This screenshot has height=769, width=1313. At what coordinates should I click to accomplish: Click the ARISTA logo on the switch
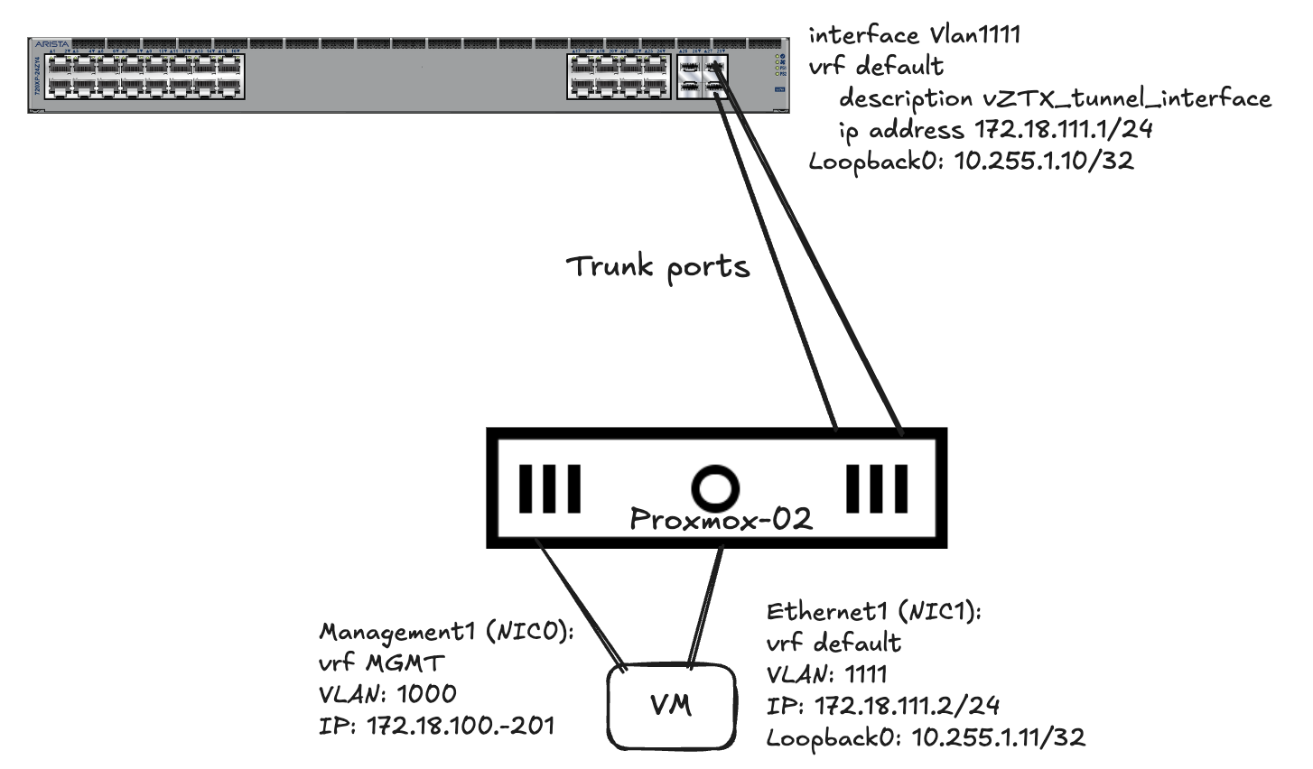[51, 43]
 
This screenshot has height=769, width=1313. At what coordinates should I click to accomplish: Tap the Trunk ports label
[657, 268]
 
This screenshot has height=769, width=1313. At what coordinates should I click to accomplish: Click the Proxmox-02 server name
[720, 519]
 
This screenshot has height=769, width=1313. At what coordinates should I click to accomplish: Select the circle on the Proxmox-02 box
[715, 488]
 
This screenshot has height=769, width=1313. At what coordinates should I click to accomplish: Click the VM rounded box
[671, 706]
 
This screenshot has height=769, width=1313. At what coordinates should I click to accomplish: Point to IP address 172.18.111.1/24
[996, 130]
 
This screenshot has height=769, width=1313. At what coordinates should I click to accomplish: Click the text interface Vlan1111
[914, 35]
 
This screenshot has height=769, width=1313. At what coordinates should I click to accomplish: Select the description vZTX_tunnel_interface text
[1054, 98]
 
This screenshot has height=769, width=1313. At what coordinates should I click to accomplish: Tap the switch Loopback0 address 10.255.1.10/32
[971, 162]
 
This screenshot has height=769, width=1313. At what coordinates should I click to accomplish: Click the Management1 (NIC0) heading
[446, 632]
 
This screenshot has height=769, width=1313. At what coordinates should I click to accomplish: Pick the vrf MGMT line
[381, 663]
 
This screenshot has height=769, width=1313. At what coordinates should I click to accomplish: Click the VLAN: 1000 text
[387, 694]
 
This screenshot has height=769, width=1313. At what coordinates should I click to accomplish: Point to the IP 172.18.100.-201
[436, 725]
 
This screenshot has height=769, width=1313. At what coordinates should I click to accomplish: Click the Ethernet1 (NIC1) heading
[873, 612]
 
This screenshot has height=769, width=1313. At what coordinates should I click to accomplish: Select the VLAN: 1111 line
[826, 674]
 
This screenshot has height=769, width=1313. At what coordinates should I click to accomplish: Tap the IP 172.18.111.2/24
[883, 706]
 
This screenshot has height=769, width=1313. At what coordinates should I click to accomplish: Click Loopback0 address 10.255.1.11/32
[926, 737]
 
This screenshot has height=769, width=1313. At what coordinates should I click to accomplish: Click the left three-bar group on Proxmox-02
[549, 488]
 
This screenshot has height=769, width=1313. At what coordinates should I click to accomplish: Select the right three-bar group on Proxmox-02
[876, 488]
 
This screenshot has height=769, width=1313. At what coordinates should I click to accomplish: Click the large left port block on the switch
[144, 77]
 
